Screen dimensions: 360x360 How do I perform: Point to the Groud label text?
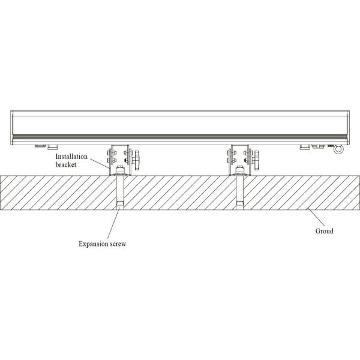pyautogui.click(x=324, y=230)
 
